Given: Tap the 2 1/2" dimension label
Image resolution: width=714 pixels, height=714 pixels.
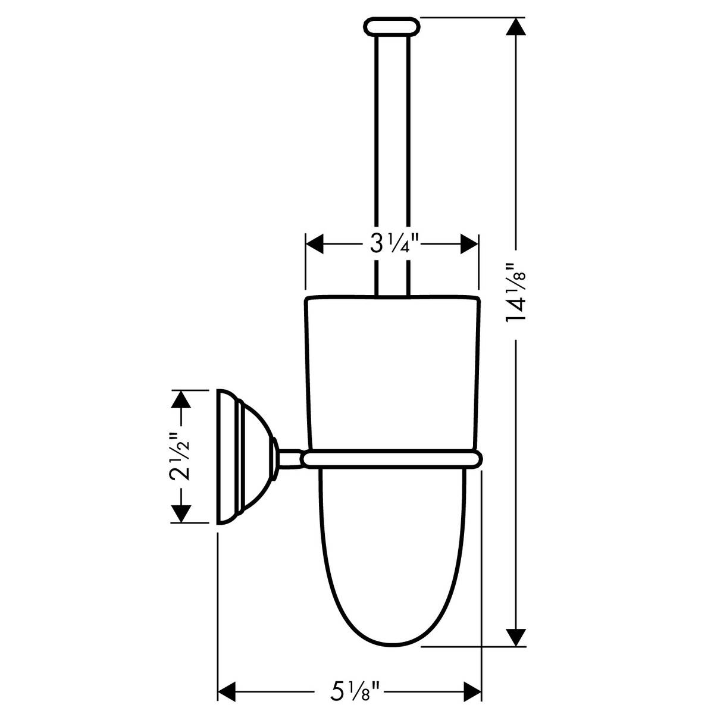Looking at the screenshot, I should click(180, 456).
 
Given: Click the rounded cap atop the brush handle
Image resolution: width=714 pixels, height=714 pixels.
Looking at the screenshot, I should click(392, 27).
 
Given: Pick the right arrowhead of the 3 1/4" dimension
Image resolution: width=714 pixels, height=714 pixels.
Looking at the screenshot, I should click(469, 243).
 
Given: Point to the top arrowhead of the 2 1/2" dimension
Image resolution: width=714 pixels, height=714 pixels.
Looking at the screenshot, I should click(180, 399).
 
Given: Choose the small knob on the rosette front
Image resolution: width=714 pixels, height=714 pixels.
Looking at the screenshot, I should click(274, 457).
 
